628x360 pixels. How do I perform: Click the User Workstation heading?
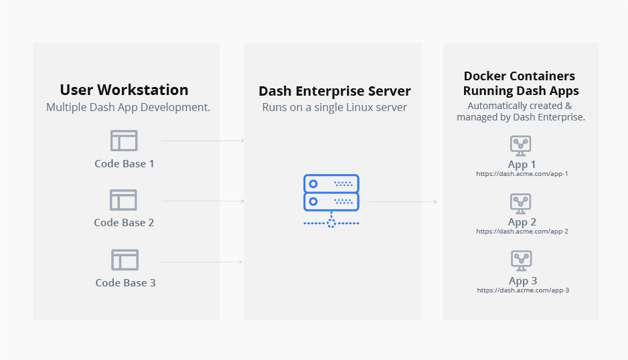pos(124,90)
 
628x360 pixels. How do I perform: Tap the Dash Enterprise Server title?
pos(335,91)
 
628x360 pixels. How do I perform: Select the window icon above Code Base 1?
pos(124,141)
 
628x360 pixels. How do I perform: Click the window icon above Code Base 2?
pos(123,200)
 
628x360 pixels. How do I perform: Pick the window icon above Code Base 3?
pos(125,260)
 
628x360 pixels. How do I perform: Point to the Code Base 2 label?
pos(124,223)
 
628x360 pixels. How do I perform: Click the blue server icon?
pos(331,201)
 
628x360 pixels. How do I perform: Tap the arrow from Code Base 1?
pos(203,141)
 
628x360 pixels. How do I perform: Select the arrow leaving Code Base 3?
pos(202,262)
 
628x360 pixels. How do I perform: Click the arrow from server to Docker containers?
pos(403,202)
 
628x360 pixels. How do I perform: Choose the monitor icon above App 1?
pos(521,146)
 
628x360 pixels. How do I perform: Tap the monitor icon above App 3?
pos(522,261)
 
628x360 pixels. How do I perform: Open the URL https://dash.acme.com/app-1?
pos(522,174)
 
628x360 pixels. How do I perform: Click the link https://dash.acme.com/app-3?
pos(523,290)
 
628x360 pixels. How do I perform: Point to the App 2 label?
pos(522,222)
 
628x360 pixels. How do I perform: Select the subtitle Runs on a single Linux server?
pos(335,107)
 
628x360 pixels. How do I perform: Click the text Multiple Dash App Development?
pos(128,107)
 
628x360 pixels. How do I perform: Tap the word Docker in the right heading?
pos(485,76)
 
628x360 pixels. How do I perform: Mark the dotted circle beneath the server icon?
pos(331,223)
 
